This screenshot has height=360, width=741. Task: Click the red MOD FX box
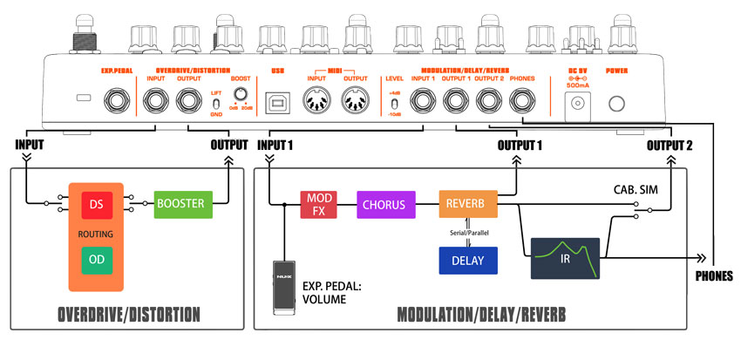coord(316,205)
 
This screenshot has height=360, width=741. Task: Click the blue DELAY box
coord(467,261)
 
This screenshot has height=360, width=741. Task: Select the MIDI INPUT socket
coord(316,102)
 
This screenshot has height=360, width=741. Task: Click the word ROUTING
coord(95,233)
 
